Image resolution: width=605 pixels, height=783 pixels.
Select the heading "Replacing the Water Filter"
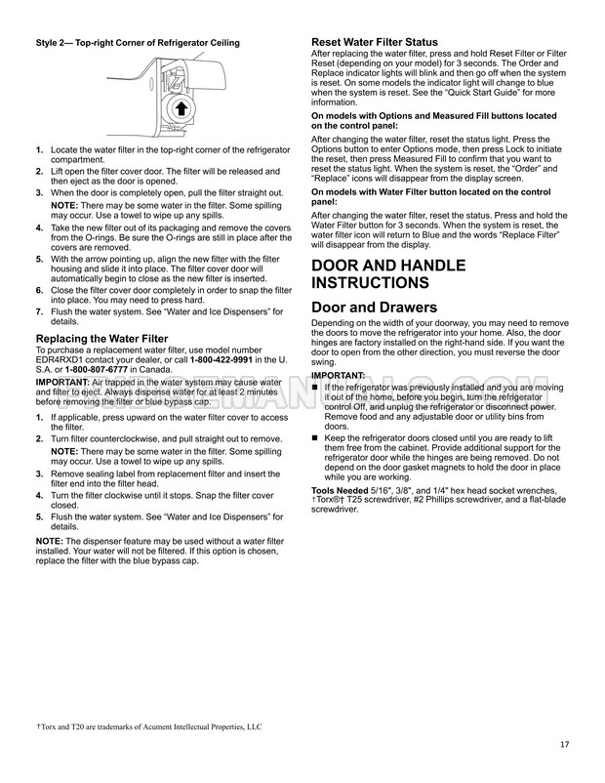click(101, 339)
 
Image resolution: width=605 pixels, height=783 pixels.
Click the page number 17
click(564, 746)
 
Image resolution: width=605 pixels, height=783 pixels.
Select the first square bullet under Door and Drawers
click(315, 387)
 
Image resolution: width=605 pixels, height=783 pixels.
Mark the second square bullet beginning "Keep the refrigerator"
click(315, 436)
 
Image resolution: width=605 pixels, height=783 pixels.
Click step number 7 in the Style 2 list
click(39, 311)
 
